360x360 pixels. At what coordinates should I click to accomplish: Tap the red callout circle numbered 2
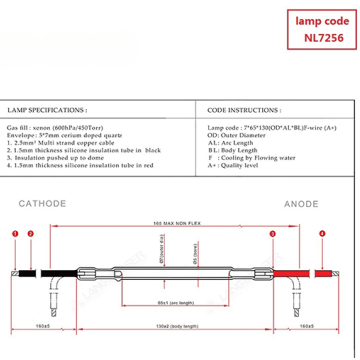click(x=31, y=233)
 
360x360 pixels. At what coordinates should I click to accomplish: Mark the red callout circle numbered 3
click(x=302, y=233)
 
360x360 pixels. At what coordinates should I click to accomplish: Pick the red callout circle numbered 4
click(x=322, y=233)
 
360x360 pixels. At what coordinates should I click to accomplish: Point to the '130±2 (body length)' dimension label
click(x=177, y=325)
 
